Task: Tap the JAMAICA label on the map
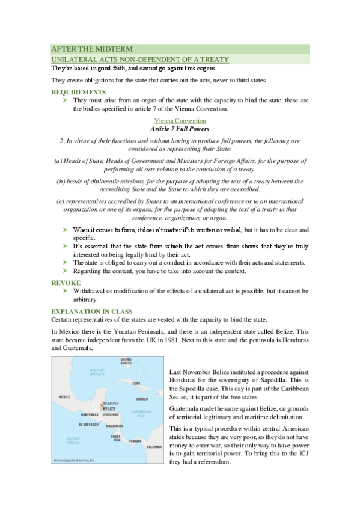141,398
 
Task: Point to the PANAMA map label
134,441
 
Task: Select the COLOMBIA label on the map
154,446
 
